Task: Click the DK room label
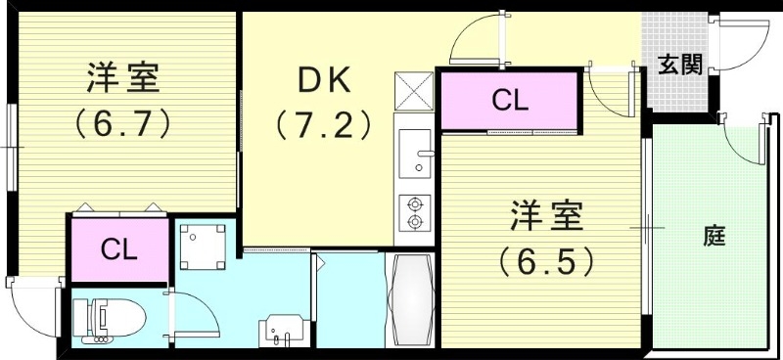click(324, 80)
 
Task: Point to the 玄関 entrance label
click(679, 65)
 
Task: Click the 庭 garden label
click(714, 236)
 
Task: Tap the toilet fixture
click(109, 318)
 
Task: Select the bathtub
click(410, 299)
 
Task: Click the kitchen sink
click(415, 154)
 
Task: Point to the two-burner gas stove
click(414, 213)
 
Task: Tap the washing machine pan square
click(203, 247)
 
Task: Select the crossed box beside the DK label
click(413, 91)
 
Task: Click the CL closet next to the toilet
click(118, 249)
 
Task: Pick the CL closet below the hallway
click(509, 101)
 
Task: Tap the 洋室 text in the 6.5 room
click(546, 216)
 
